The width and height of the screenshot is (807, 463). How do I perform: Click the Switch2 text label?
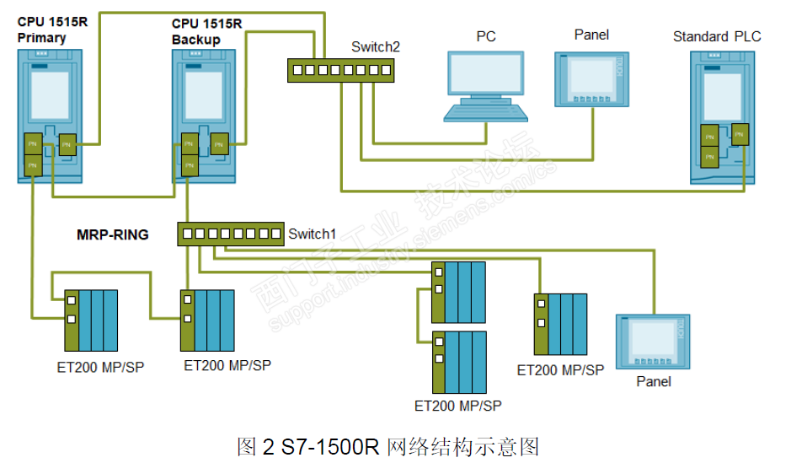(375, 47)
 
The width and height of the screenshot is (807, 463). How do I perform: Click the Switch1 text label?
(312, 234)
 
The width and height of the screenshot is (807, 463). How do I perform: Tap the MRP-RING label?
(113, 234)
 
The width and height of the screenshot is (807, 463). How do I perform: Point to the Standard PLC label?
(716, 36)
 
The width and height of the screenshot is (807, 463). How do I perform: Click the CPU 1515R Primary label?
(52, 30)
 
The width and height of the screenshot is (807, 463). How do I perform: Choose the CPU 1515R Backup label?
(206, 31)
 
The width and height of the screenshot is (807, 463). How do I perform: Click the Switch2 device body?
(339, 71)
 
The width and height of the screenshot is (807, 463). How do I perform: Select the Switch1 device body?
(230, 234)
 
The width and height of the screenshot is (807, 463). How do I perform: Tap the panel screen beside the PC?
(590, 78)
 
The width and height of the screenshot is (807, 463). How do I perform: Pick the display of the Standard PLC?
(722, 94)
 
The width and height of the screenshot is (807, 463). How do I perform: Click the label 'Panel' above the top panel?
(591, 35)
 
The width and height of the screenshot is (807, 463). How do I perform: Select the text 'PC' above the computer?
(486, 36)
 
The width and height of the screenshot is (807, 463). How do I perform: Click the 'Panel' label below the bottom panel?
(654, 381)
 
